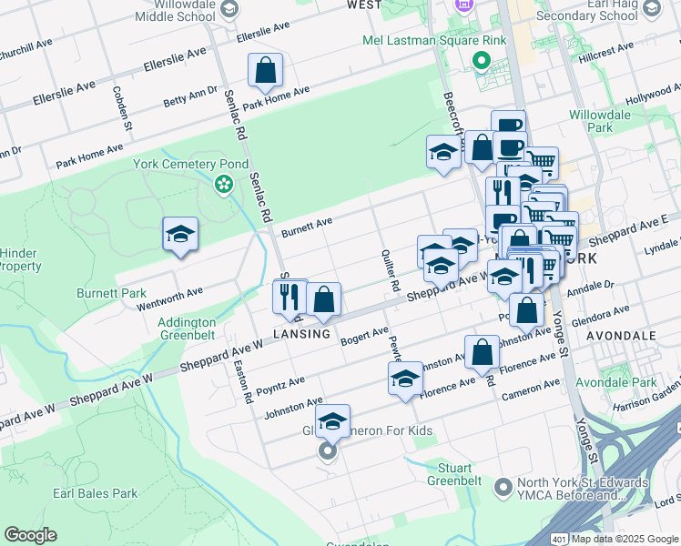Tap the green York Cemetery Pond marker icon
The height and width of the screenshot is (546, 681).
(223, 186)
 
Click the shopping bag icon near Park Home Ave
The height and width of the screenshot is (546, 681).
(265, 70)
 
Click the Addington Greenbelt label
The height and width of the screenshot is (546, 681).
(187, 329)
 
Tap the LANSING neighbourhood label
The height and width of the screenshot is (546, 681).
(301, 334)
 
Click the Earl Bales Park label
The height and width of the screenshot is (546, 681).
(95, 493)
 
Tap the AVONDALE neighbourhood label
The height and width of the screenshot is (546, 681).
(621, 336)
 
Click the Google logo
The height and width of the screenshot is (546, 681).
(30, 535)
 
